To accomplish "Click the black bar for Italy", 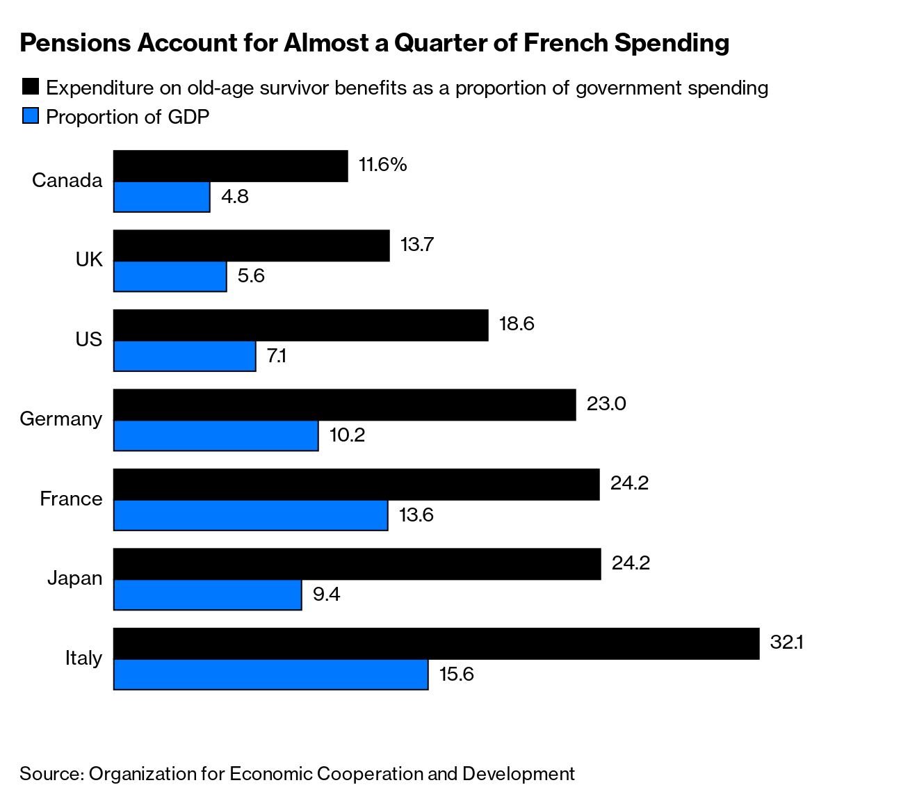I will click(436, 644).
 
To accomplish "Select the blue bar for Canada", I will click(162, 197).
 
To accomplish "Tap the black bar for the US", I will click(300, 325).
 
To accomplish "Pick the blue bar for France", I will click(250, 515).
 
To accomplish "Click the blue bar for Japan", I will click(207, 595).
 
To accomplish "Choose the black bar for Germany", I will click(344, 405).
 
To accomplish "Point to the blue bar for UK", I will click(170, 277).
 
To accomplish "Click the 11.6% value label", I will click(382, 165).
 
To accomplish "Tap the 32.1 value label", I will click(786, 642).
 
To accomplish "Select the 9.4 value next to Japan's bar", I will click(326, 594).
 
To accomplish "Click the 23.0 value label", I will click(606, 403).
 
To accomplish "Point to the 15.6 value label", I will click(456, 674).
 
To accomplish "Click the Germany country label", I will click(61, 419).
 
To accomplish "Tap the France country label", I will click(71, 499).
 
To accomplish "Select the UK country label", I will click(89, 260).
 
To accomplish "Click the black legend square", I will click(31, 87).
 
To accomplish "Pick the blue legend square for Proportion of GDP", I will click(31, 116).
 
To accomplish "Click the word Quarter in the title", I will click(453, 43).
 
